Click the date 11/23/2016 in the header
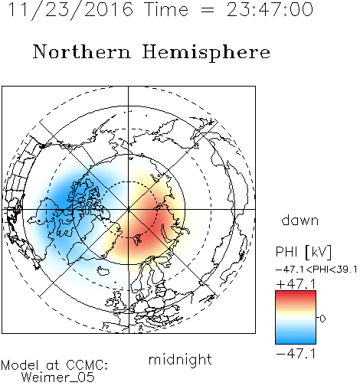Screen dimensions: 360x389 coord(70,10)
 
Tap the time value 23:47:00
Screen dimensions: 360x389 coord(270,9)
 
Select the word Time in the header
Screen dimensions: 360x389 coord(166,9)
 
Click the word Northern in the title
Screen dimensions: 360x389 coord(81,51)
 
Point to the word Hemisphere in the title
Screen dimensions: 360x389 coord(206,53)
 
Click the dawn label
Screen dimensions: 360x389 coord(300,220)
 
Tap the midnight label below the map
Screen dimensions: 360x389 coord(180,359)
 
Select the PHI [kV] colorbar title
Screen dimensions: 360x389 coord(303,252)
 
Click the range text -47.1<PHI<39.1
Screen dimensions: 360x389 coord(316,270)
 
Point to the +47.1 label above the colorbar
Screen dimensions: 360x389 coord(296,284)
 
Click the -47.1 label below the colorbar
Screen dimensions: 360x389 coord(296,354)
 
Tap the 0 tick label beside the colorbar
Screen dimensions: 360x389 coord(322,319)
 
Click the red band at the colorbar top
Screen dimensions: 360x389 coord(296,294)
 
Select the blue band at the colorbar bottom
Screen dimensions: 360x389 coord(296,340)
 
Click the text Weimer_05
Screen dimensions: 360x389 coord(58,378)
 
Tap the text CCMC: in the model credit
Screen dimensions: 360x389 coord(87,364)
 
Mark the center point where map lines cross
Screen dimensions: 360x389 coord(129,209)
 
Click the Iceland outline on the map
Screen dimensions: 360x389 coord(103,270)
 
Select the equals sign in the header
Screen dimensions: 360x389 coord(208,11)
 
